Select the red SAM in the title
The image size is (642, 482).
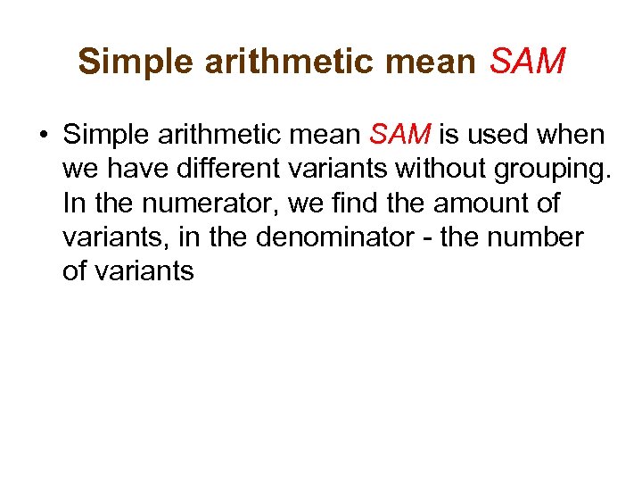click(x=528, y=62)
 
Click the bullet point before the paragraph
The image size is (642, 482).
click(x=44, y=137)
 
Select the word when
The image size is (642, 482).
click(x=571, y=136)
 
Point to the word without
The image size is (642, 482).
click(x=454, y=170)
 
